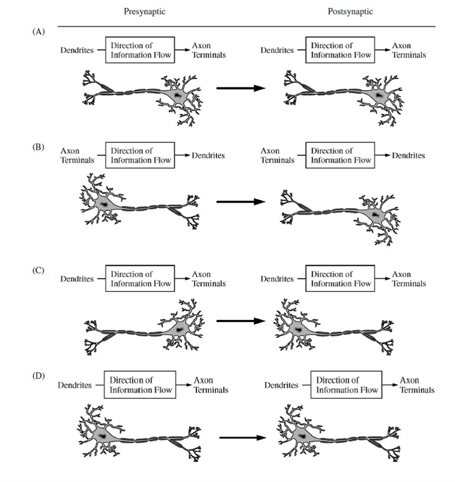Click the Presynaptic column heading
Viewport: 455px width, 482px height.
[x=144, y=12]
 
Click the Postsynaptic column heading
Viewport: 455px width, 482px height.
[x=350, y=12]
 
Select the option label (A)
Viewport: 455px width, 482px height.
[x=39, y=31]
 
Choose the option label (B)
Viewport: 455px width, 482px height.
[x=39, y=147]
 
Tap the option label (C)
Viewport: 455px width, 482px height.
[x=39, y=270]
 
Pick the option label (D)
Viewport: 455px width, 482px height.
[x=39, y=376]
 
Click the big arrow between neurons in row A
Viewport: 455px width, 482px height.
[x=241, y=88]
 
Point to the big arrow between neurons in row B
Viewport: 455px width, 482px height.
[x=241, y=201]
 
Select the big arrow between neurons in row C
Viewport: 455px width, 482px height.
[x=241, y=321]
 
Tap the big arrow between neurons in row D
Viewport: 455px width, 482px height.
[x=243, y=438]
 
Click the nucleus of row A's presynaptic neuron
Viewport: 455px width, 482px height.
[x=177, y=95]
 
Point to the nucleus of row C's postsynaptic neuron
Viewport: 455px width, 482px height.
[x=297, y=330]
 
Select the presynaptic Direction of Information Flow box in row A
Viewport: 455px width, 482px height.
[x=140, y=50]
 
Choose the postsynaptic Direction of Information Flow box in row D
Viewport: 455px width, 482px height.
[x=346, y=385]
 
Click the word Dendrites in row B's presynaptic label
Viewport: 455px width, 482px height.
[x=208, y=155]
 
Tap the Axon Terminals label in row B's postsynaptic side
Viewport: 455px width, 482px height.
[x=278, y=155]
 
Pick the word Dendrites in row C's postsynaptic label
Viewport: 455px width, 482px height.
[x=277, y=279]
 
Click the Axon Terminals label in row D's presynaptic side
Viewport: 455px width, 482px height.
[x=211, y=385]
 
